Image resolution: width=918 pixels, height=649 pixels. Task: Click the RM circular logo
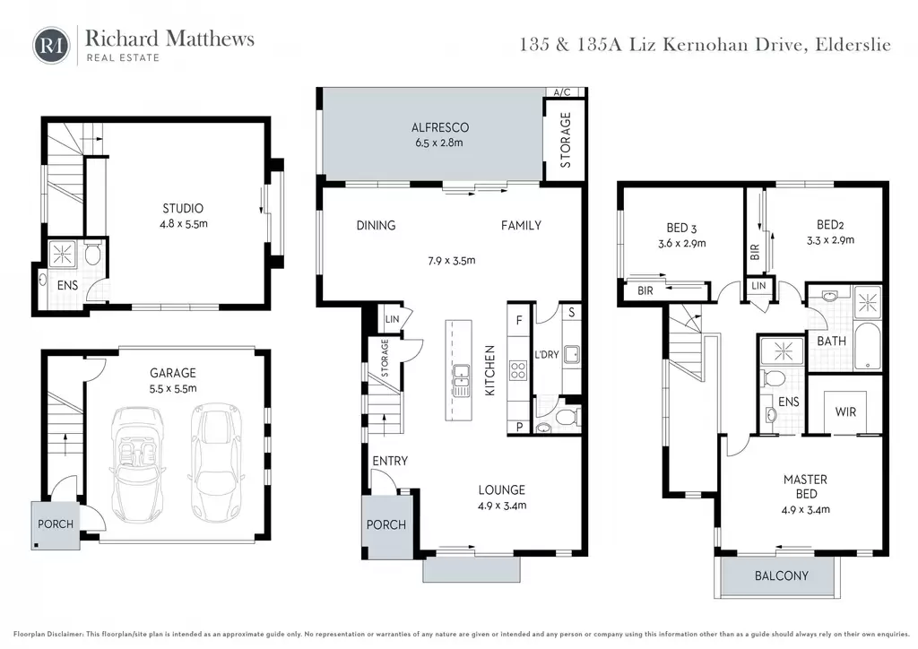pyautogui.click(x=51, y=45)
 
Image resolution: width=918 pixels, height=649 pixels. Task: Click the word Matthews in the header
pyautogui.click(x=210, y=39)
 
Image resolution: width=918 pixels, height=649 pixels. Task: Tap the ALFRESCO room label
pyautogui.click(x=439, y=127)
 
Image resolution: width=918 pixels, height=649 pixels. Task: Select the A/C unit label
pyautogui.click(x=562, y=92)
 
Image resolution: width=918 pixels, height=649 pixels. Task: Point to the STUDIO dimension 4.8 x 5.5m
pyautogui.click(x=184, y=223)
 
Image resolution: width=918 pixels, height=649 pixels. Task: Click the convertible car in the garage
pyautogui.click(x=137, y=463)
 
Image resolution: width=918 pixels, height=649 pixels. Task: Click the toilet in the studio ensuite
pyautogui.click(x=92, y=254)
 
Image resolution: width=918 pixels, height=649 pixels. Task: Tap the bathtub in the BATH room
pyautogui.click(x=867, y=346)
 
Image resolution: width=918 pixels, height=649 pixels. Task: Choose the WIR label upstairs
pyautogui.click(x=845, y=412)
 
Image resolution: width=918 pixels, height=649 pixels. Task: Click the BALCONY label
pyautogui.click(x=781, y=575)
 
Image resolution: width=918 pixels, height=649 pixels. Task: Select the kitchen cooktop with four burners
pyautogui.click(x=518, y=370)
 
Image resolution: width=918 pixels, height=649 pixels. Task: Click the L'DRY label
pyautogui.click(x=546, y=355)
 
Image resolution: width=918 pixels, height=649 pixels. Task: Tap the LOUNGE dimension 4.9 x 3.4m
pyautogui.click(x=502, y=506)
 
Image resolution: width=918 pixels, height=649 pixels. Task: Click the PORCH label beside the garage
pyautogui.click(x=56, y=524)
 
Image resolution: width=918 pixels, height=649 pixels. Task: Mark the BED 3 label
pyautogui.click(x=681, y=229)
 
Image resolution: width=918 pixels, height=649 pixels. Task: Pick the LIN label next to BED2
pyautogui.click(x=758, y=286)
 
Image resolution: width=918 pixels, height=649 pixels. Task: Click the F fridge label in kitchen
pyautogui.click(x=519, y=320)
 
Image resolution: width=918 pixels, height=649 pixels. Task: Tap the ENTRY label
pyautogui.click(x=390, y=461)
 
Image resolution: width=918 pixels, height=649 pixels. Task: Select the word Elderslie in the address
pyautogui.click(x=853, y=45)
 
